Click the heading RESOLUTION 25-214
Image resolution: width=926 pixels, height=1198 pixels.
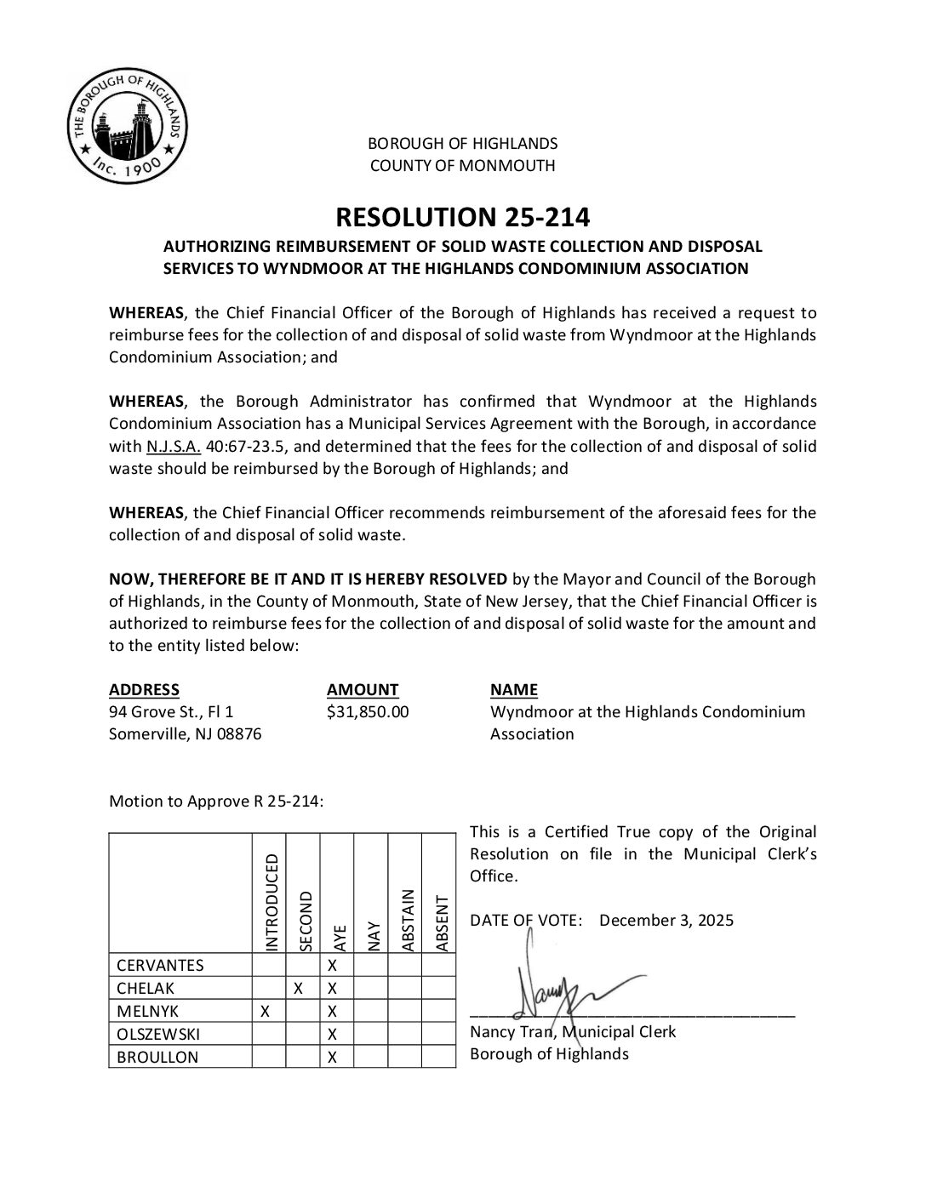(x=462, y=217)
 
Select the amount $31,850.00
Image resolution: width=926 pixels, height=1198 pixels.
(x=368, y=711)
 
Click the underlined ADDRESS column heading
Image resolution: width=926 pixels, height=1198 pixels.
(x=144, y=689)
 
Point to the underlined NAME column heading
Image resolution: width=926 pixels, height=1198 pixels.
(x=514, y=689)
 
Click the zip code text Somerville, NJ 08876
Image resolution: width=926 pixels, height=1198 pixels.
(x=185, y=733)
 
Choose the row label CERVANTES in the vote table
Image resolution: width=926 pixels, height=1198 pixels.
(x=160, y=965)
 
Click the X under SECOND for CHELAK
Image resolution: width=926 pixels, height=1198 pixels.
(x=299, y=988)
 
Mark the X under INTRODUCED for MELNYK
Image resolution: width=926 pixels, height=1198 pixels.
(x=266, y=1011)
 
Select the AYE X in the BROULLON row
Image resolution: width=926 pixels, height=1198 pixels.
(x=334, y=1057)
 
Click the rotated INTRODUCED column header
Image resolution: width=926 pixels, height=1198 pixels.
(x=272, y=902)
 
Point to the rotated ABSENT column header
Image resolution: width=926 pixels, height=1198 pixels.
(x=442, y=922)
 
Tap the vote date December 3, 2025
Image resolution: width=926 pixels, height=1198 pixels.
(x=666, y=920)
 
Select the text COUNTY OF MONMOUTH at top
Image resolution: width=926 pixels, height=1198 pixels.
(x=462, y=166)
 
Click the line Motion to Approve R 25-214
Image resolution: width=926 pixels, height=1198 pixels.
(x=216, y=801)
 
